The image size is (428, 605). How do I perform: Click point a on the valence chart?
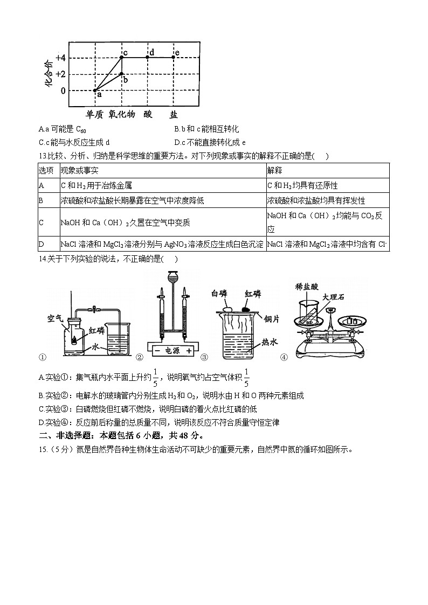point(95,90)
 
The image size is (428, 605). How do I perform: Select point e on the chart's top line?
point(174,57)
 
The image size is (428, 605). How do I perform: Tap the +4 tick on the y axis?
point(60,57)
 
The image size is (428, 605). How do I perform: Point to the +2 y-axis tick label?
point(60,74)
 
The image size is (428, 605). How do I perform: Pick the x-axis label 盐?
point(174,114)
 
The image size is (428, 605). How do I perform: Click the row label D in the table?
point(42,245)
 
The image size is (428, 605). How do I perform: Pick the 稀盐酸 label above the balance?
point(308,287)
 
